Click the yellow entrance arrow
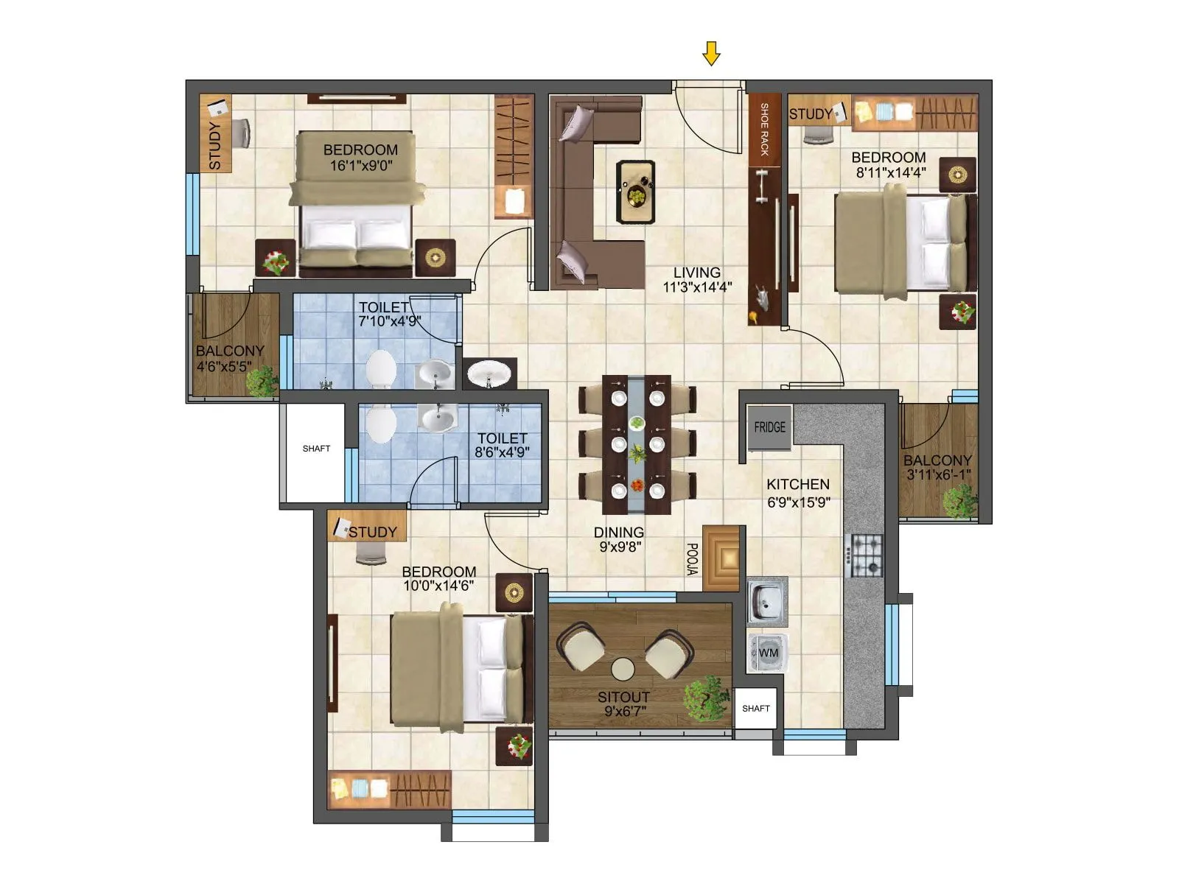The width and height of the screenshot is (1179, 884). tap(710, 54)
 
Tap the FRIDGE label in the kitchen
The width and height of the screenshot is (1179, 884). tap(769, 427)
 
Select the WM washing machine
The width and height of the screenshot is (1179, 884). tap(768, 653)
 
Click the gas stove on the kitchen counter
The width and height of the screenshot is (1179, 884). tap(867, 555)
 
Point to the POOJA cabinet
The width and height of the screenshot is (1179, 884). tap(721, 558)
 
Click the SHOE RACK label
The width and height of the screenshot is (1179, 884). tap(764, 130)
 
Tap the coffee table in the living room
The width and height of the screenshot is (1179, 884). tap(635, 192)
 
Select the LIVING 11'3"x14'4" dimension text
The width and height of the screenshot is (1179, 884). tap(696, 280)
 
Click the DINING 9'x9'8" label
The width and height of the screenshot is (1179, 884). tap(619, 539)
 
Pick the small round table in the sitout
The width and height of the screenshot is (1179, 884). tap(623, 669)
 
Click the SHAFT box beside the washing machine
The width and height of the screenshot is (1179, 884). tap(755, 709)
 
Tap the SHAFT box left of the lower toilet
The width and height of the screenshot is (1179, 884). tap(315, 449)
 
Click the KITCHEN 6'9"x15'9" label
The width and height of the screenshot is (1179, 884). tap(798, 493)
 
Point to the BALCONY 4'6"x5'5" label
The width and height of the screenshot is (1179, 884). tap(229, 359)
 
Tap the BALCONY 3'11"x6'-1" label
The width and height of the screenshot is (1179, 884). tap(937, 468)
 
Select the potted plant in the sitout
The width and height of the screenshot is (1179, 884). tap(705, 698)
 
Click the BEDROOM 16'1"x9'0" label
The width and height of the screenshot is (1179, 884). tap(360, 158)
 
